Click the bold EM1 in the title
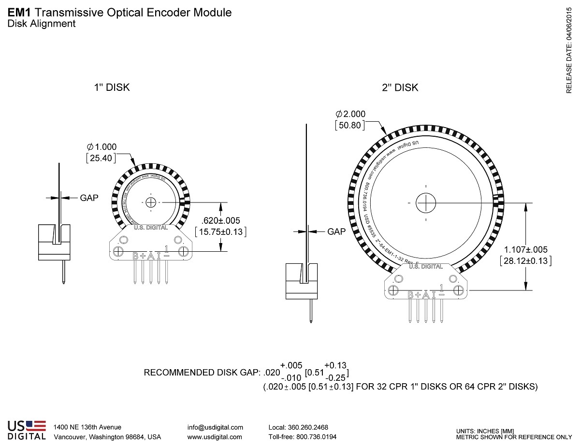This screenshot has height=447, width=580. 18,13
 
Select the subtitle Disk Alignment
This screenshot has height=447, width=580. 42,24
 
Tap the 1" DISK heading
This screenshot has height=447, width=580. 112,87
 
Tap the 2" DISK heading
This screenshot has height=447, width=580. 400,87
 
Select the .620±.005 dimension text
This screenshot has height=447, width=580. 220,220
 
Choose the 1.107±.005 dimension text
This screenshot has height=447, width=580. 526,249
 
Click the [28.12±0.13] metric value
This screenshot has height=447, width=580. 526,261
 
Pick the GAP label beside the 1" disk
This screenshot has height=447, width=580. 89,198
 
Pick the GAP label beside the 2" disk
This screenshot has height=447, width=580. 337,231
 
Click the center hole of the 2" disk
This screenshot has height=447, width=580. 426,202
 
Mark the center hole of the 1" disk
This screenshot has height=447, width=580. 151,202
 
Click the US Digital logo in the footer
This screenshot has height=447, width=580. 27,430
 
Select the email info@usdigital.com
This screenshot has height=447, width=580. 215,427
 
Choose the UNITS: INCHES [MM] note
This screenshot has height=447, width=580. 485,431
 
